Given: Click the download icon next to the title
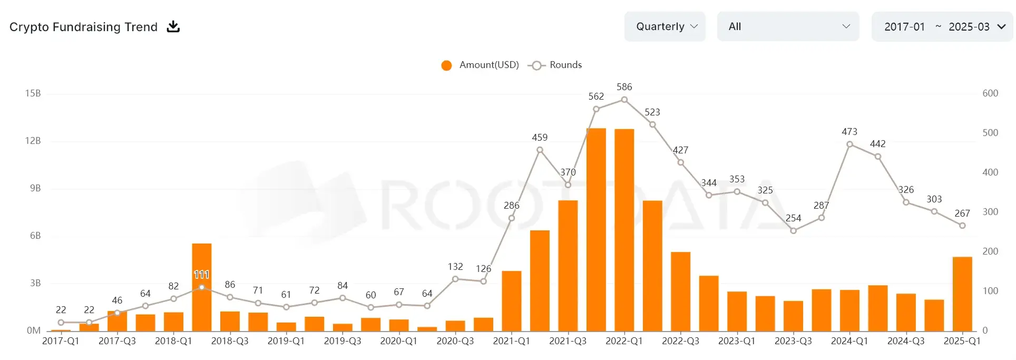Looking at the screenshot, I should click(173, 26).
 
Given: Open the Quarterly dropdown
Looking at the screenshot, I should click(665, 26).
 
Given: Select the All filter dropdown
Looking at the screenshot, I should click(787, 26).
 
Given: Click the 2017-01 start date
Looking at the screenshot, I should click(904, 26).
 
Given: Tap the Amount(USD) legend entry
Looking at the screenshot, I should click(480, 65).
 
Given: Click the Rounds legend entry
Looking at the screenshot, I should click(556, 65).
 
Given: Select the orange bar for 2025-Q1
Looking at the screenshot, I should click(962, 294).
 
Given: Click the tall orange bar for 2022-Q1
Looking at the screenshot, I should click(624, 229).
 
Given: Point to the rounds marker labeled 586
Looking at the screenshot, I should click(624, 100).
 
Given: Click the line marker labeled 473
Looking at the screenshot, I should click(849, 144).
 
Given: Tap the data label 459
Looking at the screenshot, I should click(540, 137).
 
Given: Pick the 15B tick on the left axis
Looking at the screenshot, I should click(33, 93).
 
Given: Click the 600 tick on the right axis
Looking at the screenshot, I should click(990, 93).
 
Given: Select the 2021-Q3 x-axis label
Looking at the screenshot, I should click(568, 341).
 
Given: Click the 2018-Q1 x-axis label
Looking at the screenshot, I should click(173, 341).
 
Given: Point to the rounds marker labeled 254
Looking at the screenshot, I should click(793, 230).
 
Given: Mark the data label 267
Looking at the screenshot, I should click(962, 213).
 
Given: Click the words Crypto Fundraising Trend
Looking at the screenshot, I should click(83, 27).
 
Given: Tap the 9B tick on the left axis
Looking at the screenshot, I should click(35, 188).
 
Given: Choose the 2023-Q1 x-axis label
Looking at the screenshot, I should click(737, 341).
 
